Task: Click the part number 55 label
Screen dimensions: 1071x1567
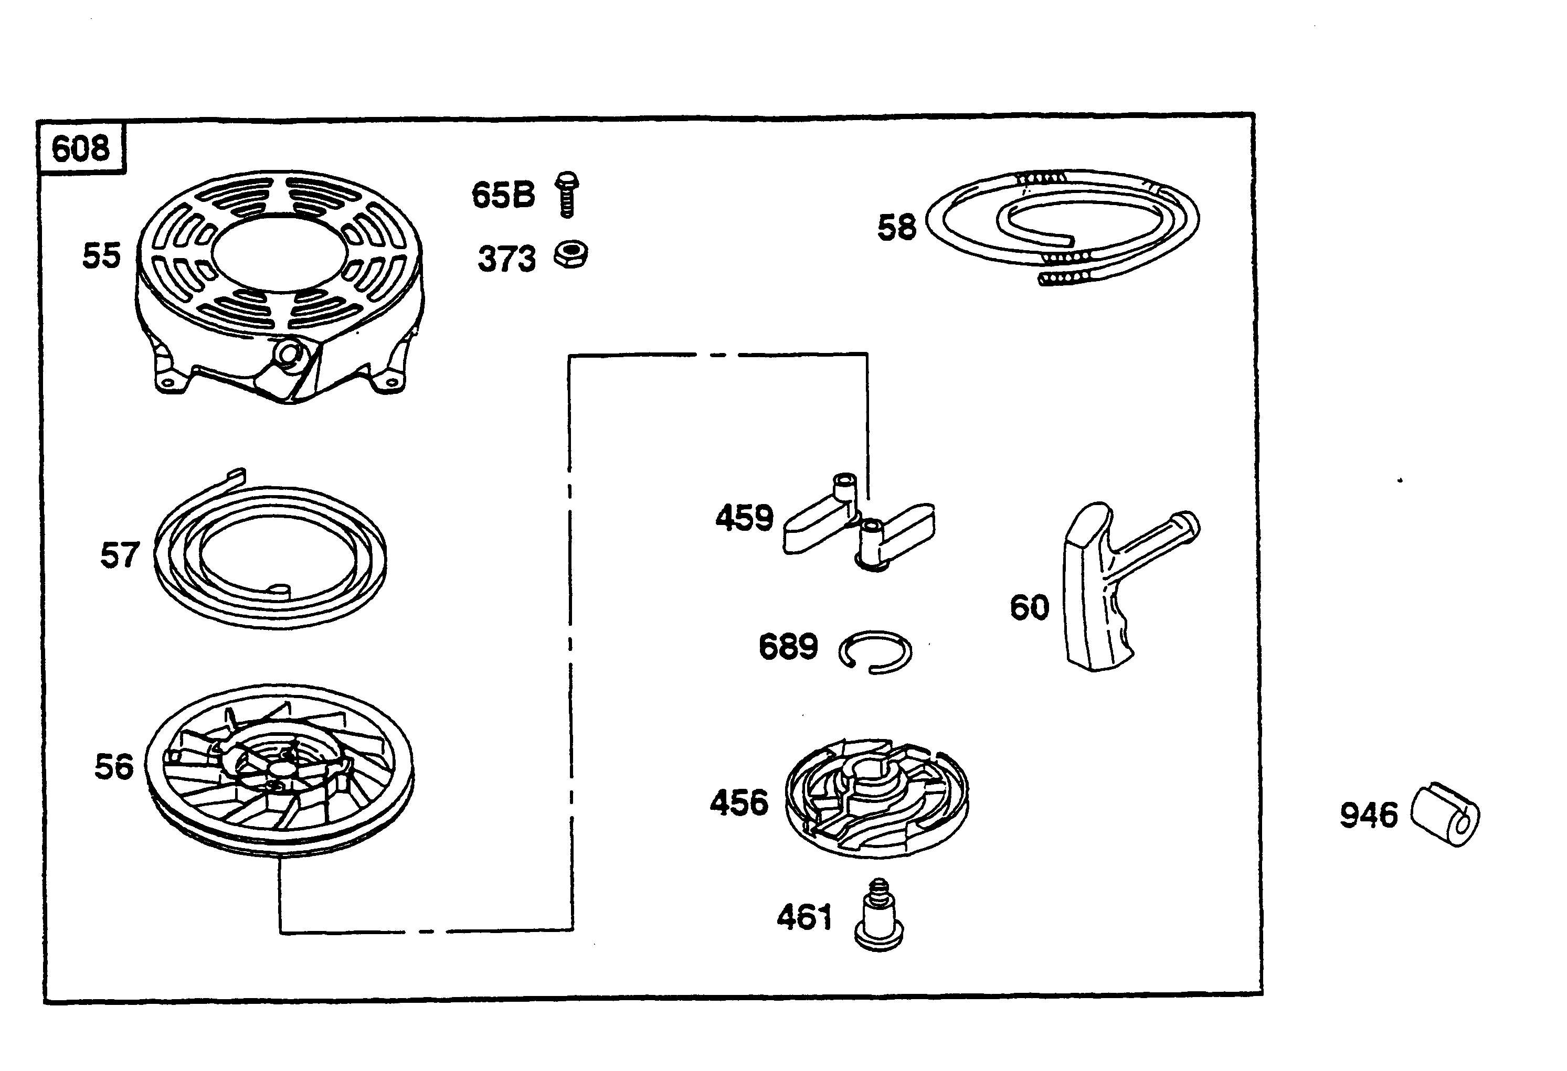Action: click(x=101, y=256)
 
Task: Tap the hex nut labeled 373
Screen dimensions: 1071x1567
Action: click(x=571, y=255)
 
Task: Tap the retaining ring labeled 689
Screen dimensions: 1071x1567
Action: click(x=875, y=652)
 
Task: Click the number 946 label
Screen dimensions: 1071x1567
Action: click(x=1368, y=816)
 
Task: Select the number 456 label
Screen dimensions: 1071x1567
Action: click(x=739, y=803)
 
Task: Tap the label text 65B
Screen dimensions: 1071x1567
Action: click(x=503, y=196)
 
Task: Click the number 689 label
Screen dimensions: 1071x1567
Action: click(x=788, y=647)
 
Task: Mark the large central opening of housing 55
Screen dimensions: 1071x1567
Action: click(x=279, y=251)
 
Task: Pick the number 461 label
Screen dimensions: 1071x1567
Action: click(x=804, y=917)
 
